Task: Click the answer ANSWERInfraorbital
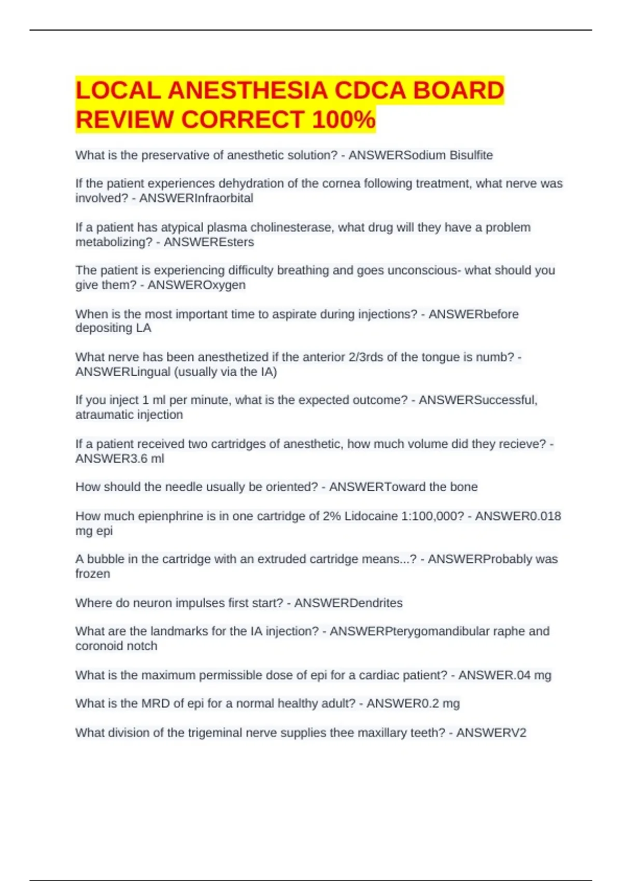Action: click(x=196, y=198)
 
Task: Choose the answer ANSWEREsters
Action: click(x=208, y=242)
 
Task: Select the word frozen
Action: click(x=93, y=574)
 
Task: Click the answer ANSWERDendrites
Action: click(x=348, y=603)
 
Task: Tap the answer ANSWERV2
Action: click(x=491, y=733)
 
